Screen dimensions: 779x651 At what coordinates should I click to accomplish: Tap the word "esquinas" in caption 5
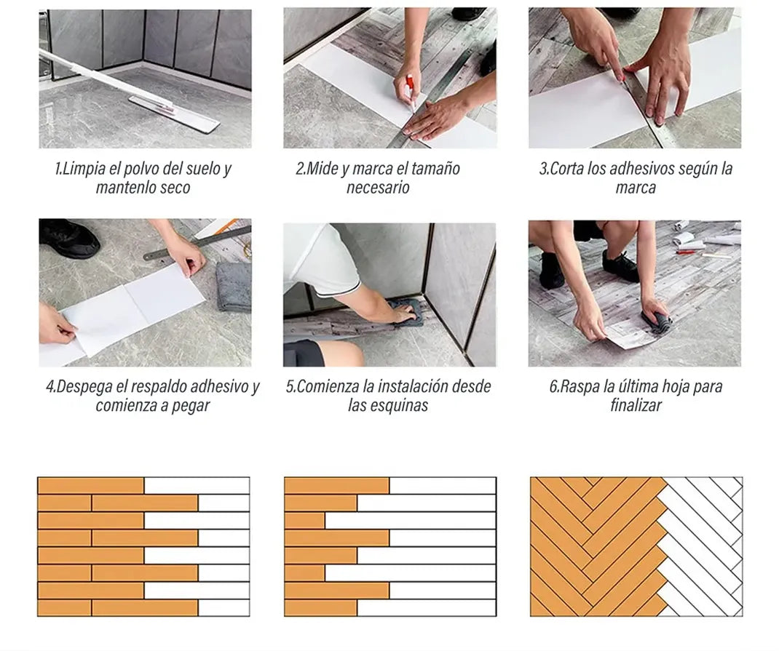[402, 406]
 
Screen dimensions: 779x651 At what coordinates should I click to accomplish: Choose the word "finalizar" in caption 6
[636, 405]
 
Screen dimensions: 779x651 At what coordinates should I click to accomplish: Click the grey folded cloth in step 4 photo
[234, 287]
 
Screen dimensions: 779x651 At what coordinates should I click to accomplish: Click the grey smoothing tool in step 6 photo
[657, 323]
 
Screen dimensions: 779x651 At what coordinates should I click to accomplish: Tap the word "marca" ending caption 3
[636, 188]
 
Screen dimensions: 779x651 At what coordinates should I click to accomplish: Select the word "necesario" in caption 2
[378, 188]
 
